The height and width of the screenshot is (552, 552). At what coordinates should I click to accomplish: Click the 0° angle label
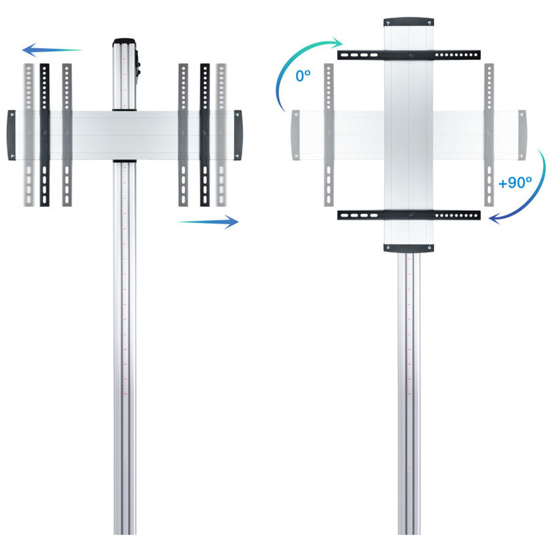click(x=303, y=76)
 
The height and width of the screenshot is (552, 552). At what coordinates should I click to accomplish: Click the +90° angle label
click(x=515, y=183)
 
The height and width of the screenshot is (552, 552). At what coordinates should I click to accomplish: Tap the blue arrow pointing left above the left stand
click(x=52, y=50)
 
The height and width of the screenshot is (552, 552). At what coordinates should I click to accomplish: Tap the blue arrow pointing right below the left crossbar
click(x=209, y=221)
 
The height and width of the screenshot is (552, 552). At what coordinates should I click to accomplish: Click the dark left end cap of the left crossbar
click(x=12, y=135)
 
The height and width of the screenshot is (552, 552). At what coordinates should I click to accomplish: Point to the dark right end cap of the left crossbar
click(x=238, y=135)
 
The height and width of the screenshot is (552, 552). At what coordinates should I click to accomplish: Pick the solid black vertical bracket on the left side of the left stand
click(x=45, y=135)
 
